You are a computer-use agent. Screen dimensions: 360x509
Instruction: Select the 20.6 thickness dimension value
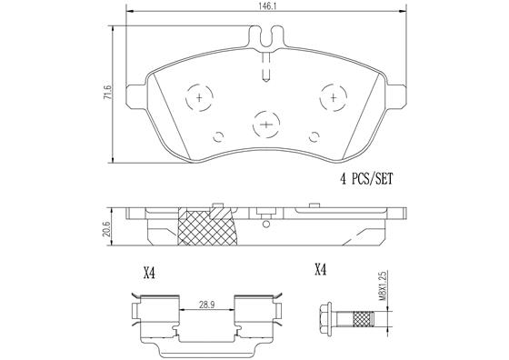click(106, 227)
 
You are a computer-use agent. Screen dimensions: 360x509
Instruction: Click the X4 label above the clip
click(150, 270)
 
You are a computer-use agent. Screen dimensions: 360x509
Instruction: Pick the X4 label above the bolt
click(319, 269)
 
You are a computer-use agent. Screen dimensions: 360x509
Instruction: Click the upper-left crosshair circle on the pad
click(198, 96)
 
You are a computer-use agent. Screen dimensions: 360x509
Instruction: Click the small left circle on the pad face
click(218, 138)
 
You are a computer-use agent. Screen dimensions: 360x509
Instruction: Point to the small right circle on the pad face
click(314, 138)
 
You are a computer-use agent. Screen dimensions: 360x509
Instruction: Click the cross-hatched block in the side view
click(211, 227)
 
